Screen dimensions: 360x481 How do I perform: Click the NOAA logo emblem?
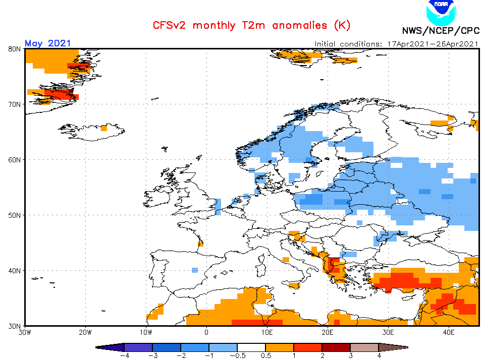(x=440, y=11)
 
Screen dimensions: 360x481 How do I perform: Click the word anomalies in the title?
(x=299, y=25)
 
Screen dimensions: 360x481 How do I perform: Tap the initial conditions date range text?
(x=396, y=43)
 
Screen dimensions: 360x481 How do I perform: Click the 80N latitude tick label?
(x=14, y=49)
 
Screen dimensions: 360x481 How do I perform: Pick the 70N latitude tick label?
(x=14, y=104)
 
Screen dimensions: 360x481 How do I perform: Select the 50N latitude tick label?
(x=14, y=215)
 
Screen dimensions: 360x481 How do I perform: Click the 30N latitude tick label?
(x=14, y=326)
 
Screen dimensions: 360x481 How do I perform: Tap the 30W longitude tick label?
(x=25, y=333)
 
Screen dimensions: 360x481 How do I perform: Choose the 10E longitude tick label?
(x=267, y=333)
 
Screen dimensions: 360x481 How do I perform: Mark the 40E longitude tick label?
(x=449, y=333)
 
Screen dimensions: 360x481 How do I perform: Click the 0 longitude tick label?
(x=206, y=333)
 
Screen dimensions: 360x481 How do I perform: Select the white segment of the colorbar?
(x=251, y=347)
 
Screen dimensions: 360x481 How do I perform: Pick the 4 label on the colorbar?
(x=379, y=355)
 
